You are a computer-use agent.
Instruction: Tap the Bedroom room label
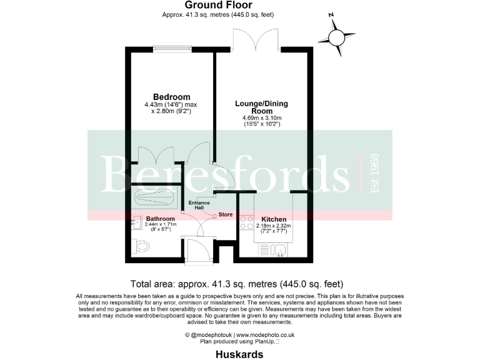coord(171,97)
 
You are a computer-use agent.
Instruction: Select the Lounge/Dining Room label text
coord(261,107)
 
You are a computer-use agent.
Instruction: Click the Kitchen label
coord(274,219)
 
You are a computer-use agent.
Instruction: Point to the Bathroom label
coord(160,218)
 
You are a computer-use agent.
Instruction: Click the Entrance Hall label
coord(199,206)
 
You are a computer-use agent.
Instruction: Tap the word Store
coord(226,215)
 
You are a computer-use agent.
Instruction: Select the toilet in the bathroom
coord(142,247)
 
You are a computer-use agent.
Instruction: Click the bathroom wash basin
coord(136,222)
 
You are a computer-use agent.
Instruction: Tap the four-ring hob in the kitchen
coord(246,224)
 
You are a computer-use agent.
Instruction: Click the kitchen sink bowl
coord(281,251)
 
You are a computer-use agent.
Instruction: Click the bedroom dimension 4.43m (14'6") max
coord(172,105)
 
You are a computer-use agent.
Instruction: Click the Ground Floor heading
coord(209,5)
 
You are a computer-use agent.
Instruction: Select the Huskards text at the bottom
coord(239,354)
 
